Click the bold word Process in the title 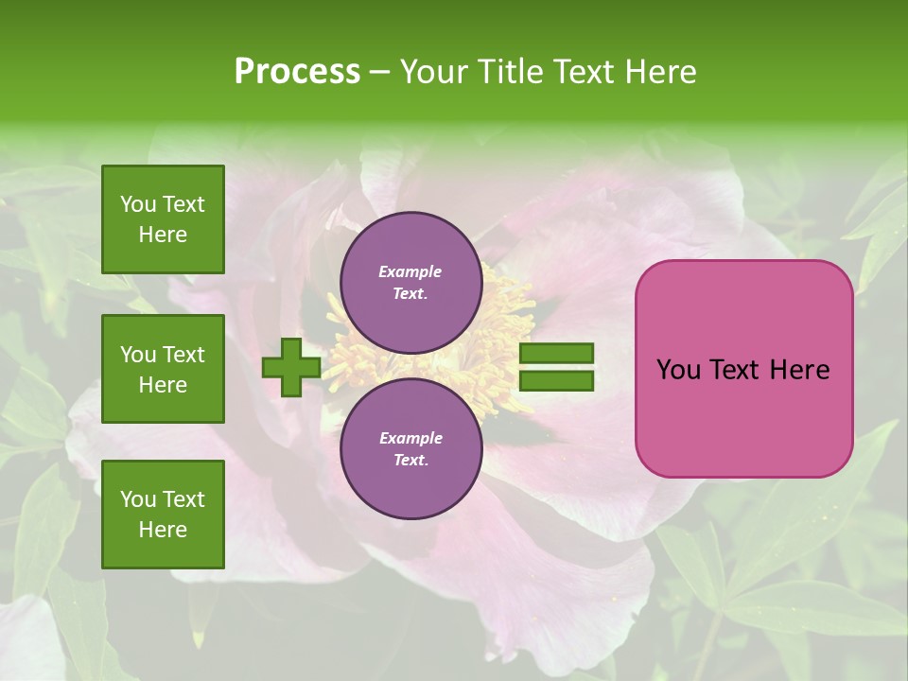(x=297, y=72)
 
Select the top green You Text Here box (x=163, y=219)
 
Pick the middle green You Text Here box (x=163, y=369)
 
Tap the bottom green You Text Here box (x=163, y=515)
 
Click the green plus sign (x=290, y=366)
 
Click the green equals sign (x=556, y=367)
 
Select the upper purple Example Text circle (x=410, y=283)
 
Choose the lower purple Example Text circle (x=410, y=448)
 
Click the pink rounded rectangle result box (x=743, y=368)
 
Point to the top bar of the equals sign (x=556, y=354)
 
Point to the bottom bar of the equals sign (x=556, y=380)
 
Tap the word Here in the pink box (x=799, y=370)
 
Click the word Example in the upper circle (x=410, y=271)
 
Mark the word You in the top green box (x=138, y=204)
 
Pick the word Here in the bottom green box (x=163, y=530)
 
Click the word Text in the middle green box (x=183, y=355)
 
